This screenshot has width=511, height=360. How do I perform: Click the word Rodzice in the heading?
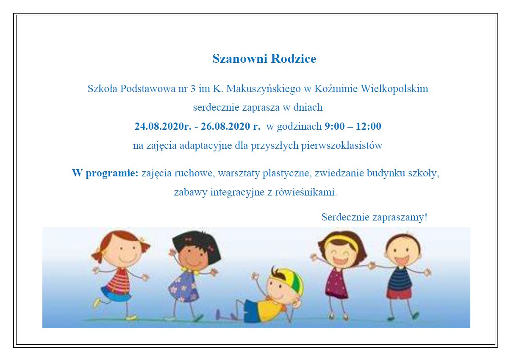(x=294, y=59)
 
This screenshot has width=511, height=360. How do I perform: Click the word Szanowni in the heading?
(x=240, y=59)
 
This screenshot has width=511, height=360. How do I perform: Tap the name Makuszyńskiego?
(x=264, y=89)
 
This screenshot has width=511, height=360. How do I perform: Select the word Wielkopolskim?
(x=394, y=89)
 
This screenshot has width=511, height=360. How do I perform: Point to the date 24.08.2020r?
(x=163, y=126)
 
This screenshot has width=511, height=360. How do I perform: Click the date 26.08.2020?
(x=225, y=126)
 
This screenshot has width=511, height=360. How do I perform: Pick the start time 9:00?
(x=334, y=126)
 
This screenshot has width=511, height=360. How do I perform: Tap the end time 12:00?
(x=369, y=126)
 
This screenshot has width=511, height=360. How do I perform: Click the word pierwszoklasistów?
(x=342, y=145)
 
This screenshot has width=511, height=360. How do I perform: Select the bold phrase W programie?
(x=105, y=173)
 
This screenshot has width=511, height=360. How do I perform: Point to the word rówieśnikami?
(x=305, y=192)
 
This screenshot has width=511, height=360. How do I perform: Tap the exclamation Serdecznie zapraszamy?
(x=375, y=217)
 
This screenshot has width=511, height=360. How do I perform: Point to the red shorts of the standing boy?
(x=399, y=293)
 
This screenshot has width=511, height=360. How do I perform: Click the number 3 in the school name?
(x=193, y=89)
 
